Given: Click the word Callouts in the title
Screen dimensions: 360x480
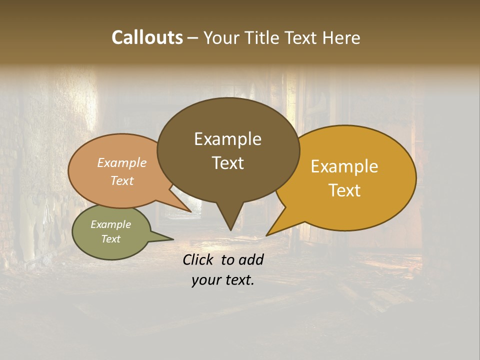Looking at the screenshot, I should pyautogui.click(x=147, y=37).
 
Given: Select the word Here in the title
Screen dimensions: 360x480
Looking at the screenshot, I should pyautogui.click(x=342, y=37).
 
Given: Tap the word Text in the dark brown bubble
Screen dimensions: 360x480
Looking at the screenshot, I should pyautogui.click(x=227, y=162).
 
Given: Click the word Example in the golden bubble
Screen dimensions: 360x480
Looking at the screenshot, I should pyautogui.click(x=344, y=166).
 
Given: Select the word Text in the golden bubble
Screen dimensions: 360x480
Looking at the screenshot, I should pyautogui.click(x=345, y=190).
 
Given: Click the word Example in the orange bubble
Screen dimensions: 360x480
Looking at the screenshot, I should pyautogui.click(x=122, y=162).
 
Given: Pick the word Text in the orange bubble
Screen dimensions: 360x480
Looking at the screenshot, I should pyautogui.click(x=122, y=180).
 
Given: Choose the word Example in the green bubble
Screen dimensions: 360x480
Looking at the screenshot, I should pyautogui.click(x=111, y=224).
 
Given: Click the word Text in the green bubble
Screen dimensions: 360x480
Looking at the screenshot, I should pyautogui.click(x=111, y=239).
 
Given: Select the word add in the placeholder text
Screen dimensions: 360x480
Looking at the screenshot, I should pyautogui.click(x=251, y=259).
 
